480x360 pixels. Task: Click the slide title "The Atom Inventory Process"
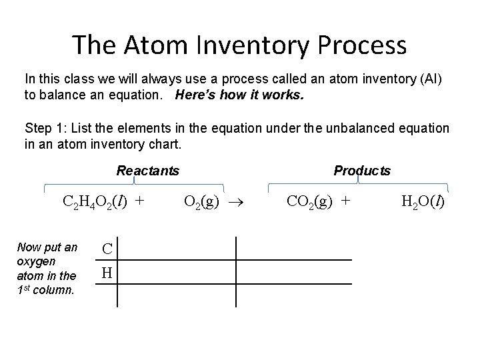239,45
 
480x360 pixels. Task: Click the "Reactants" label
147,171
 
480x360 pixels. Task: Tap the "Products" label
362,171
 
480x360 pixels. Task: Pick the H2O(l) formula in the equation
423,201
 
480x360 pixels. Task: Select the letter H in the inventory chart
107,273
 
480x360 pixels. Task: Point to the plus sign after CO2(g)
345,201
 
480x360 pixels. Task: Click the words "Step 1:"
43,128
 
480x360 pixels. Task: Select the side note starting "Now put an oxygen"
47,268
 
